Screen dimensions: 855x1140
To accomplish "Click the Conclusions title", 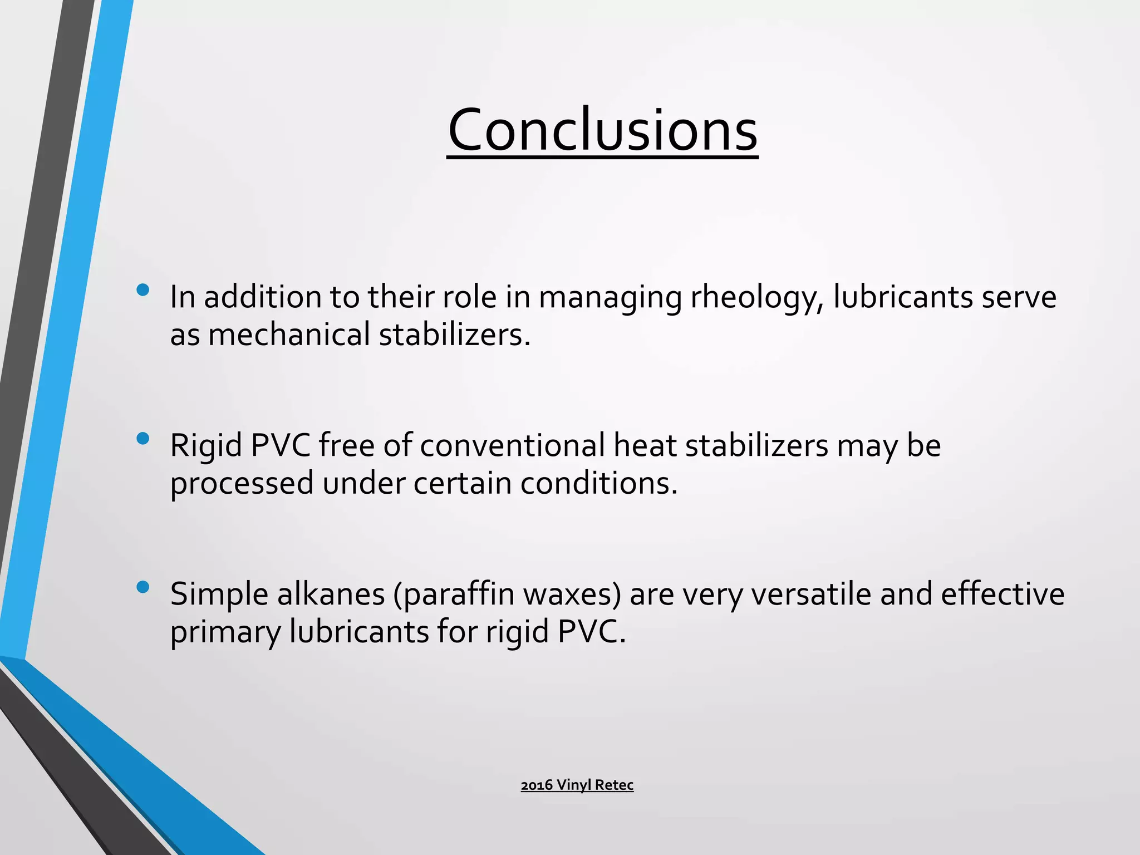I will [602, 131].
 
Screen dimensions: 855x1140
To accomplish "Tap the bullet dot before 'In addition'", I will [142, 290].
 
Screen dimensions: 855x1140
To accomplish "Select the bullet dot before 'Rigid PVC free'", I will [142, 439].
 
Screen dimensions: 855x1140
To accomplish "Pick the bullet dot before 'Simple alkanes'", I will [142, 587].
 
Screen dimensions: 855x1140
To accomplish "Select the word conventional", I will [512, 446].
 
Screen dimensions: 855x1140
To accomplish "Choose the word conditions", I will [599, 483].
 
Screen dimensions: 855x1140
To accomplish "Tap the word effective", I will [1003, 594].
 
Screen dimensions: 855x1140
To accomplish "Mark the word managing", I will [610, 298].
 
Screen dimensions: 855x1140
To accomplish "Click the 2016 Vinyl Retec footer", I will [577, 785].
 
